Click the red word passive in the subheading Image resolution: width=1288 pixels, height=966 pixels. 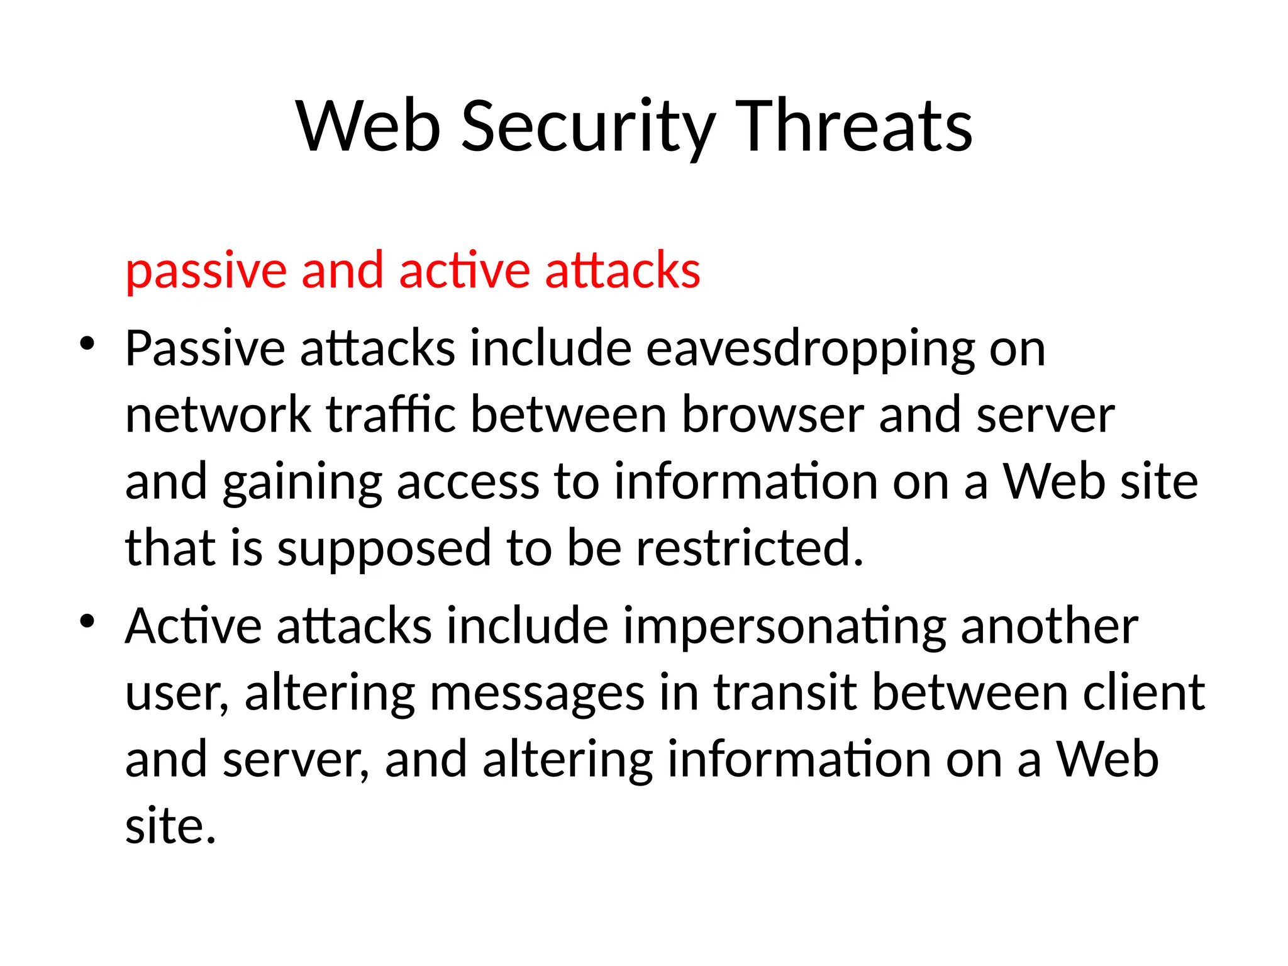point(206,270)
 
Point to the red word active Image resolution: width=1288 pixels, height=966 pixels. point(464,270)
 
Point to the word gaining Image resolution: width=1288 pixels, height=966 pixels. point(302,483)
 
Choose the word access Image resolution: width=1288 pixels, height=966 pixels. point(468,483)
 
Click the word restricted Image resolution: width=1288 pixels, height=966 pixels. point(750,548)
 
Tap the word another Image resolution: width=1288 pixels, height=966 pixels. point(1050,627)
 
